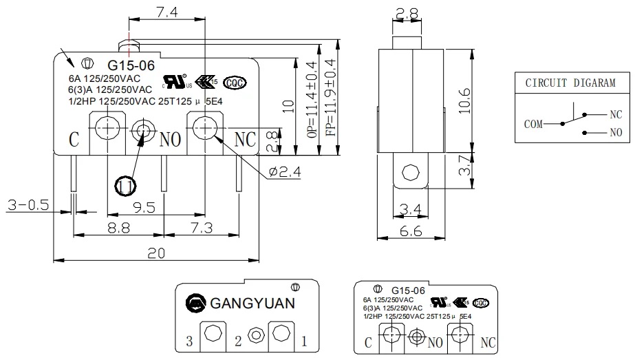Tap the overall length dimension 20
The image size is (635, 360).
(158, 253)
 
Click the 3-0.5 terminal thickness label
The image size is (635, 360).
(28, 205)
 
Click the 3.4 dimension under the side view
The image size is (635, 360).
(410, 207)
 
